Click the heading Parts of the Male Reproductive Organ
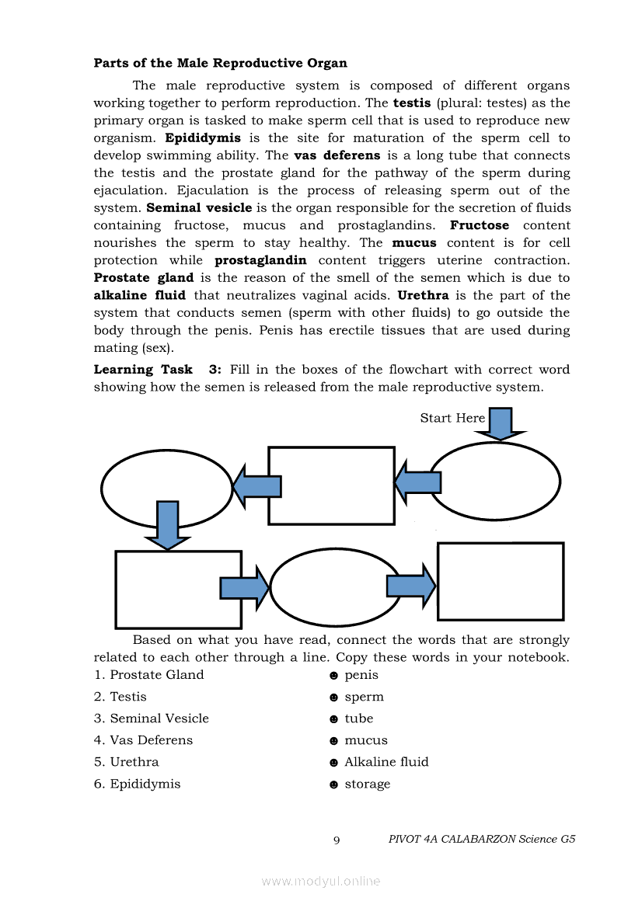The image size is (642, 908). point(220,63)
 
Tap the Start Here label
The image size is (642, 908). point(452,418)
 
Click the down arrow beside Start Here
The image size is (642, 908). point(500,423)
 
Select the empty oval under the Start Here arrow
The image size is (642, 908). point(495,482)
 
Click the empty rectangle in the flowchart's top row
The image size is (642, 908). point(331,485)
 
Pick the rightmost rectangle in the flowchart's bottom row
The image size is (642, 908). point(500,581)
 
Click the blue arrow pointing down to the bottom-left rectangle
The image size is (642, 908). point(167,525)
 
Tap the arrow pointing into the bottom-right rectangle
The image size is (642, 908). point(411,586)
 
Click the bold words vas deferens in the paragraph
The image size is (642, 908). point(337,155)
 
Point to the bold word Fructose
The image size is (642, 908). point(480,225)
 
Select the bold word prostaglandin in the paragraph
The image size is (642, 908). point(260,260)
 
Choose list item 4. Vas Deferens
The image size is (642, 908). point(143,740)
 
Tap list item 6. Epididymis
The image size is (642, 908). point(137,784)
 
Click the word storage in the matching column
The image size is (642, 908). point(367,784)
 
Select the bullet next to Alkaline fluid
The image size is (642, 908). point(333,763)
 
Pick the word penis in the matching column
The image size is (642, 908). point(361,675)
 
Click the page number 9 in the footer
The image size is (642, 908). point(337,840)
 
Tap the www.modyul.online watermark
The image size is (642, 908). point(321,882)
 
